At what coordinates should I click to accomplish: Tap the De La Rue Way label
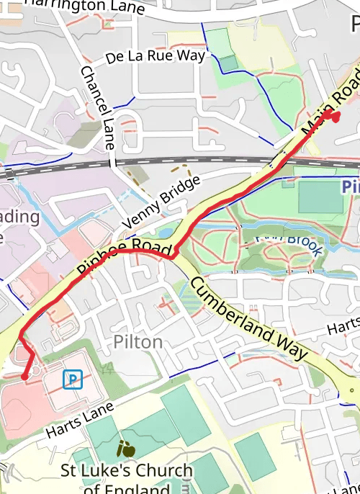(155, 55)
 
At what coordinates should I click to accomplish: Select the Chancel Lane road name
(98, 107)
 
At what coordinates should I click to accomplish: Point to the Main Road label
(330, 100)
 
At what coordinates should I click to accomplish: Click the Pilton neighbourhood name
(138, 342)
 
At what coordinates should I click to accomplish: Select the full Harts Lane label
(79, 421)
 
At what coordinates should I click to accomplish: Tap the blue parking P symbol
(72, 379)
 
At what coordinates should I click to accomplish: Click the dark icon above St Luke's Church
(126, 450)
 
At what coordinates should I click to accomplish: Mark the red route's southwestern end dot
(24, 376)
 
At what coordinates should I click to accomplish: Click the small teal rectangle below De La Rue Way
(229, 63)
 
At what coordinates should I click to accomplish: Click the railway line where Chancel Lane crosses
(112, 165)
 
